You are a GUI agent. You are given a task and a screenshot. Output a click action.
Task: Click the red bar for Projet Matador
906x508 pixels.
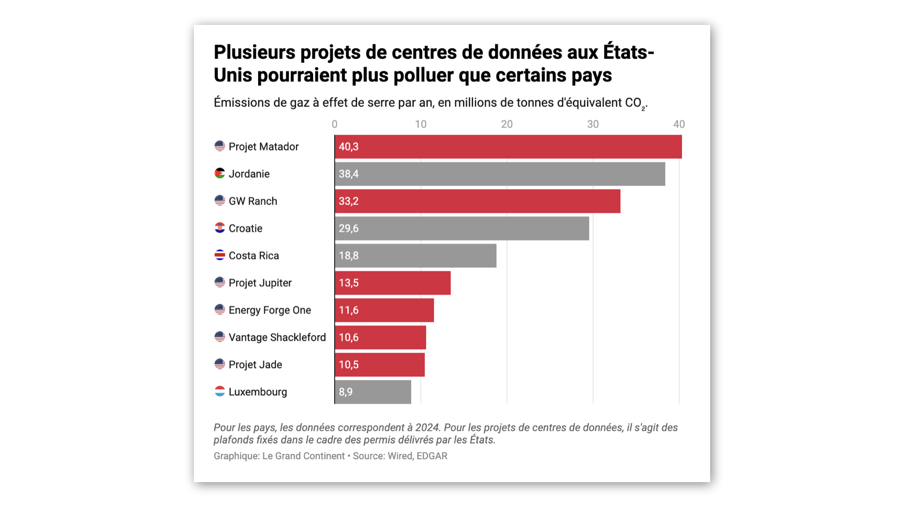click(x=508, y=147)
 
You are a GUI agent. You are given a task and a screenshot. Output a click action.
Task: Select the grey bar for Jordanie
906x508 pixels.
click(x=499, y=174)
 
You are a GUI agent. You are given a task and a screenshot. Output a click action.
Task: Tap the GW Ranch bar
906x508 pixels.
click(x=477, y=201)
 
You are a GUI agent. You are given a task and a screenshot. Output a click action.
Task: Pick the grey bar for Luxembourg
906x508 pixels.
click(x=373, y=392)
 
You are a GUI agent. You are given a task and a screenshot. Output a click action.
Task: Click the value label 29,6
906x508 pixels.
click(x=349, y=229)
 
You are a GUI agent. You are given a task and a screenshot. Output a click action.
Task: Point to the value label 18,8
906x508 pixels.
click(x=349, y=256)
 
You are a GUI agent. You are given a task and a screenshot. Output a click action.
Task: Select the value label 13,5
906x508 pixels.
click(x=349, y=283)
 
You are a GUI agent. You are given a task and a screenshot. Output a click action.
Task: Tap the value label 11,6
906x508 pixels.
click(x=349, y=311)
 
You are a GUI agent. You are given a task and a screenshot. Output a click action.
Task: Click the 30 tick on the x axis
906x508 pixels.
click(x=593, y=125)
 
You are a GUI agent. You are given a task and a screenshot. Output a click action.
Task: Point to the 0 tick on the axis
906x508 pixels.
click(x=335, y=125)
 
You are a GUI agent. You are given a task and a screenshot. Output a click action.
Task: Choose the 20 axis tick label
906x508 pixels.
click(x=507, y=125)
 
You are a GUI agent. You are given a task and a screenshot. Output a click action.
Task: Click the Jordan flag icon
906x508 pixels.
click(x=220, y=173)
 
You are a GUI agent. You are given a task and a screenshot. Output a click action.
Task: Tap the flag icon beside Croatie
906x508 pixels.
click(x=220, y=228)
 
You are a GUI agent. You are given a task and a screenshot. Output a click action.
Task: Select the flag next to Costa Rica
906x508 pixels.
click(x=220, y=255)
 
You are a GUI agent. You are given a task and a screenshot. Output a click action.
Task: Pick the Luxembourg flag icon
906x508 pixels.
click(x=220, y=392)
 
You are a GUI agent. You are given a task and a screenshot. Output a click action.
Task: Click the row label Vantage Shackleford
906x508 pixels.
click(x=277, y=337)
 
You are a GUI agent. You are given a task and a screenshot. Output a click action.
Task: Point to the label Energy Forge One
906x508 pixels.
click(x=270, y=311)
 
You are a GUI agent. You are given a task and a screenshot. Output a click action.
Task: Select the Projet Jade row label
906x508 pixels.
click(x=255, y=365)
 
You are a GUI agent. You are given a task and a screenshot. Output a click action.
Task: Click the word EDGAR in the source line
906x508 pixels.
click(x=431, y=456)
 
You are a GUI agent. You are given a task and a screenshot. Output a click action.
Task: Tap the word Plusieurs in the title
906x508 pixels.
click(x=254, y=52)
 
